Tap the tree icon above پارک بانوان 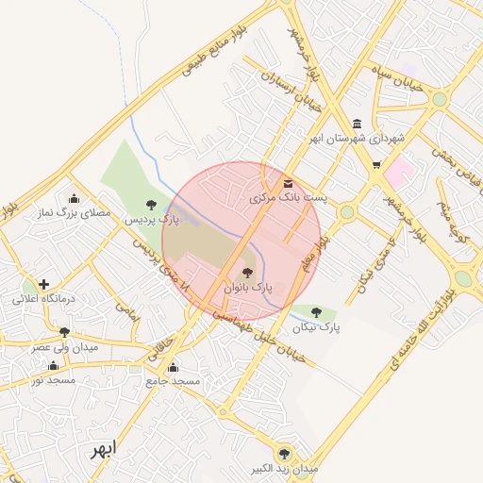pyautogui.click(x=248, y=272)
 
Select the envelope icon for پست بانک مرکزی pyautogui.click(x=288, y=184)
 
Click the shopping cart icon pyautogui.click(x=376, y=166)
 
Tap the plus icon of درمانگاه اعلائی pyautogui.click(x=43, y=283)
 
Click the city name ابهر pyautogui.click(x=101, y=449)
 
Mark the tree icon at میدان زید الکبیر pyautogui.click(x=284, y=454)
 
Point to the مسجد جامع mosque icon pyautogui.click(x=172, y=367)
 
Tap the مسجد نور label pyautogui.click(x=54, y=380)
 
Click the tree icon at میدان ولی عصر pyautogui.click(x=64, y=332)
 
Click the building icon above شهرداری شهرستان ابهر pyautogui.click(x=356, y=124)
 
